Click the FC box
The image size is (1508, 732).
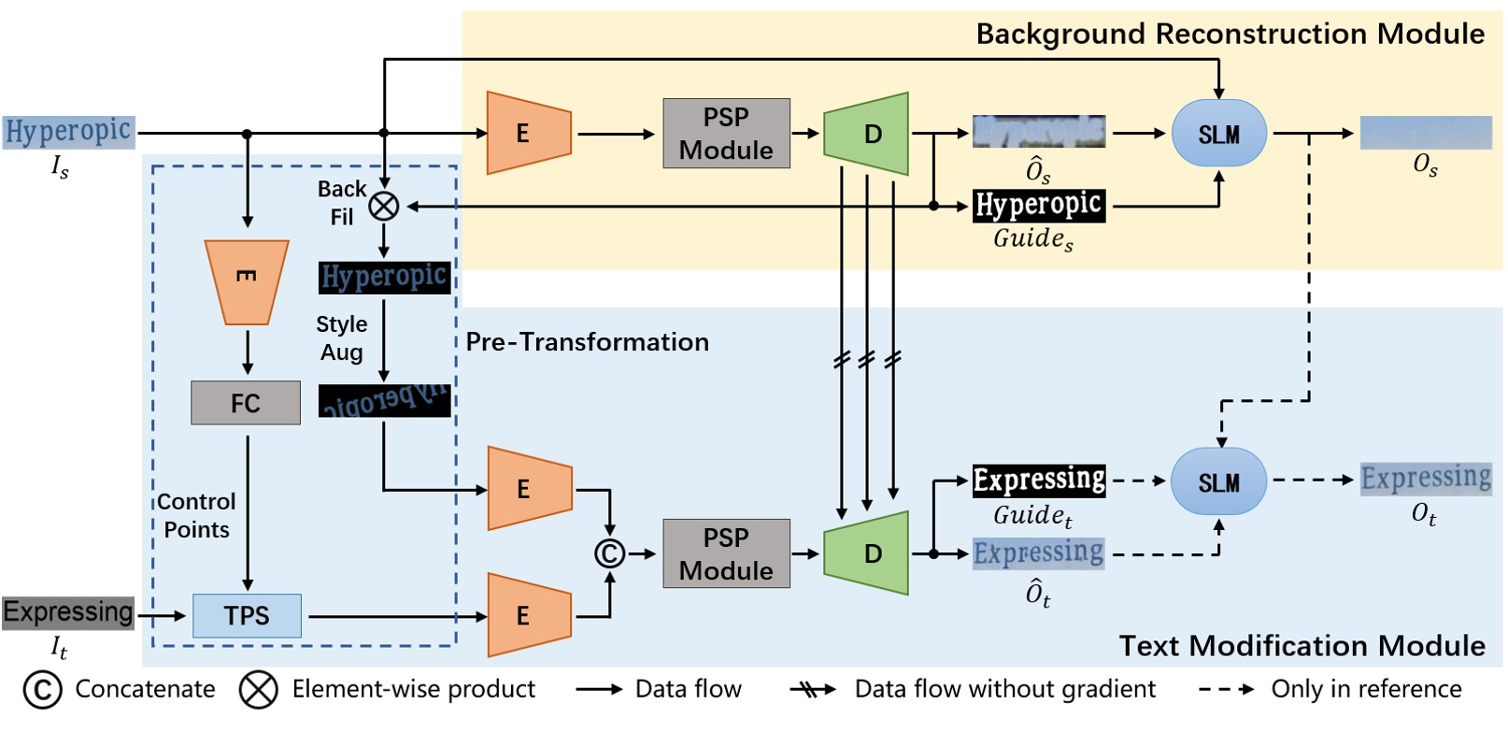pyautogui.click(x=246, y=403)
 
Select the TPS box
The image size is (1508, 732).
pyautogui.click(x=247, y=615)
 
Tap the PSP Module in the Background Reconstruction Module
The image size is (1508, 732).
pyautogui.click(x=726, y=134)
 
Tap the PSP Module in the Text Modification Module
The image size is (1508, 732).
pyautogui.click(x=726, y=553)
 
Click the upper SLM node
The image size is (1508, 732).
pyautogui.click(x=1218, y=134)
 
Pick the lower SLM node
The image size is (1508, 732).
pyautogui.click(x=1218, y=481)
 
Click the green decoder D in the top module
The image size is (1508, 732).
pyautogui.click(x=867, y=134)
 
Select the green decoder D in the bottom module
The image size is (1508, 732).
pyautogui.click(x=867, y=553)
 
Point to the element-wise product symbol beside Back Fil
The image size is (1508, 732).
pyautogui.click(x=384, y=206)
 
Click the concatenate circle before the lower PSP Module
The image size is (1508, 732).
pyautogui.click(x=609, y=553)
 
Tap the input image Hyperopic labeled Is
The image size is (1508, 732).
pyautogui.click(x=68, y=131)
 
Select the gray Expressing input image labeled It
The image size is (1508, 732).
pyautogui.click(x=68, y=612)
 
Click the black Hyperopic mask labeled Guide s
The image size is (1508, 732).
pyautogui.click(x=1038, y=205)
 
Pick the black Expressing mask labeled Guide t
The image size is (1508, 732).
pyautogui.click(x=1038, y=480)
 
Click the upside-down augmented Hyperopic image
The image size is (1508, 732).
pyautogui.click(x=384, y=400)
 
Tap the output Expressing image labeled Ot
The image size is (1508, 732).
pyautogui.click(x=1425, y=478)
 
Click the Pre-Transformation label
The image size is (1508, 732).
pyautogui.click(x=587, y=342)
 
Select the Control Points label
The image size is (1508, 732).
pyautogui.click(x=196, y=515)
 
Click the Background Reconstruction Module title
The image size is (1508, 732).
pyautogui.click(x=1230, y=35)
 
